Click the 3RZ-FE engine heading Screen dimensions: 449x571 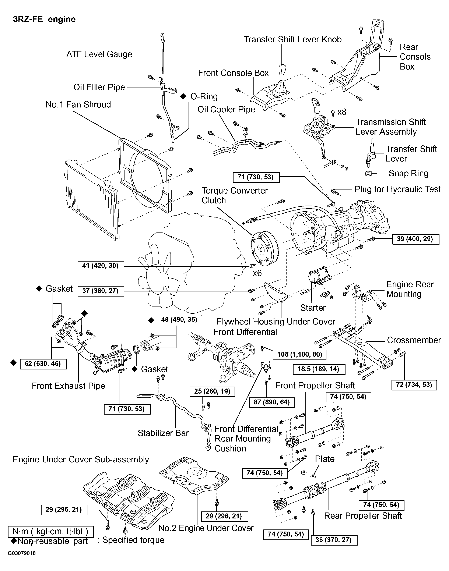(44, 19)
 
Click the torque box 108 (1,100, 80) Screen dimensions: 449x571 (300, 354)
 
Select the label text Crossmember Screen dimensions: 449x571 (414, 340)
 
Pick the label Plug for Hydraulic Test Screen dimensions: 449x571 (397, 189)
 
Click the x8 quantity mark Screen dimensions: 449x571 (342, 112)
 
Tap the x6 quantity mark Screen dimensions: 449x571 (257, 273)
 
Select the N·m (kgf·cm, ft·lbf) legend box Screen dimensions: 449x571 (51, 531)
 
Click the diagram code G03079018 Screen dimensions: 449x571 (22, 553)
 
